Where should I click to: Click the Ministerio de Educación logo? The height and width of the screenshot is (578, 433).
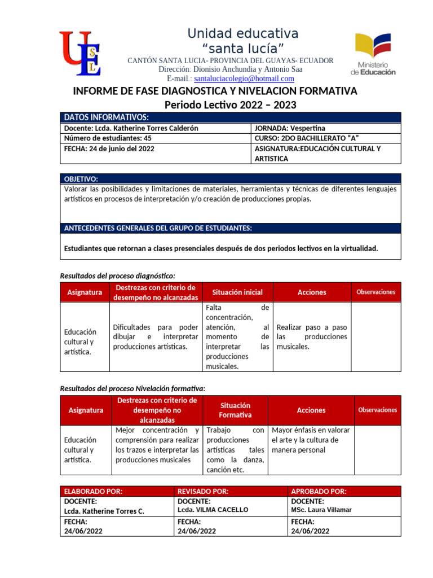click(374, 54)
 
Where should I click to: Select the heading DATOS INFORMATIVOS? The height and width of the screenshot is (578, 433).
click(107, 117)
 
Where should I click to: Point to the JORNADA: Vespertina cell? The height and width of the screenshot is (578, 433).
click(290, 128)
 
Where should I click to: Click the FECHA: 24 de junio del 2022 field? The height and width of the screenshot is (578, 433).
click(109, 149)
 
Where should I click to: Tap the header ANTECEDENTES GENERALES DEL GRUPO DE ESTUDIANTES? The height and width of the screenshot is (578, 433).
click(158, 228)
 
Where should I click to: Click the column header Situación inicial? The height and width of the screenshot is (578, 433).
click(237, 292)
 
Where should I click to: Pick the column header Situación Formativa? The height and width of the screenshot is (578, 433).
click(235, 410)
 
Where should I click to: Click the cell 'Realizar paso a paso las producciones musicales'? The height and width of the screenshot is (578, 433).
click(312, 337)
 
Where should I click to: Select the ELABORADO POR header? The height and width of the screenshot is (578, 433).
click(93, 491)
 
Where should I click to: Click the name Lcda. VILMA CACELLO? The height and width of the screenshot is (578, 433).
click(213, 510)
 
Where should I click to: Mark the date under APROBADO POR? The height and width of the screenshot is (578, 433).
click(310, 531)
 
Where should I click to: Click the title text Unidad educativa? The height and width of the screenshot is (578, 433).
click(243, 33)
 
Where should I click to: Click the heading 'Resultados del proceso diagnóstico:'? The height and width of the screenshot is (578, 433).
click(117, 275)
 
